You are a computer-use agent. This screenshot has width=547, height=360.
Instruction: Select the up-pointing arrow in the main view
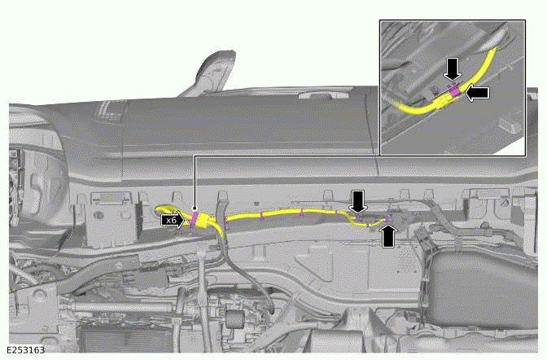[x=389, y=235]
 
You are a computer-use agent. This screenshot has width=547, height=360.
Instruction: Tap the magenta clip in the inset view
[x=454, y=91]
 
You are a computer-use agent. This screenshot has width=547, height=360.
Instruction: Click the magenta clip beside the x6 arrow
[x=195, y=219]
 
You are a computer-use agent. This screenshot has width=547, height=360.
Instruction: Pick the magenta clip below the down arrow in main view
[x=358, y=218]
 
